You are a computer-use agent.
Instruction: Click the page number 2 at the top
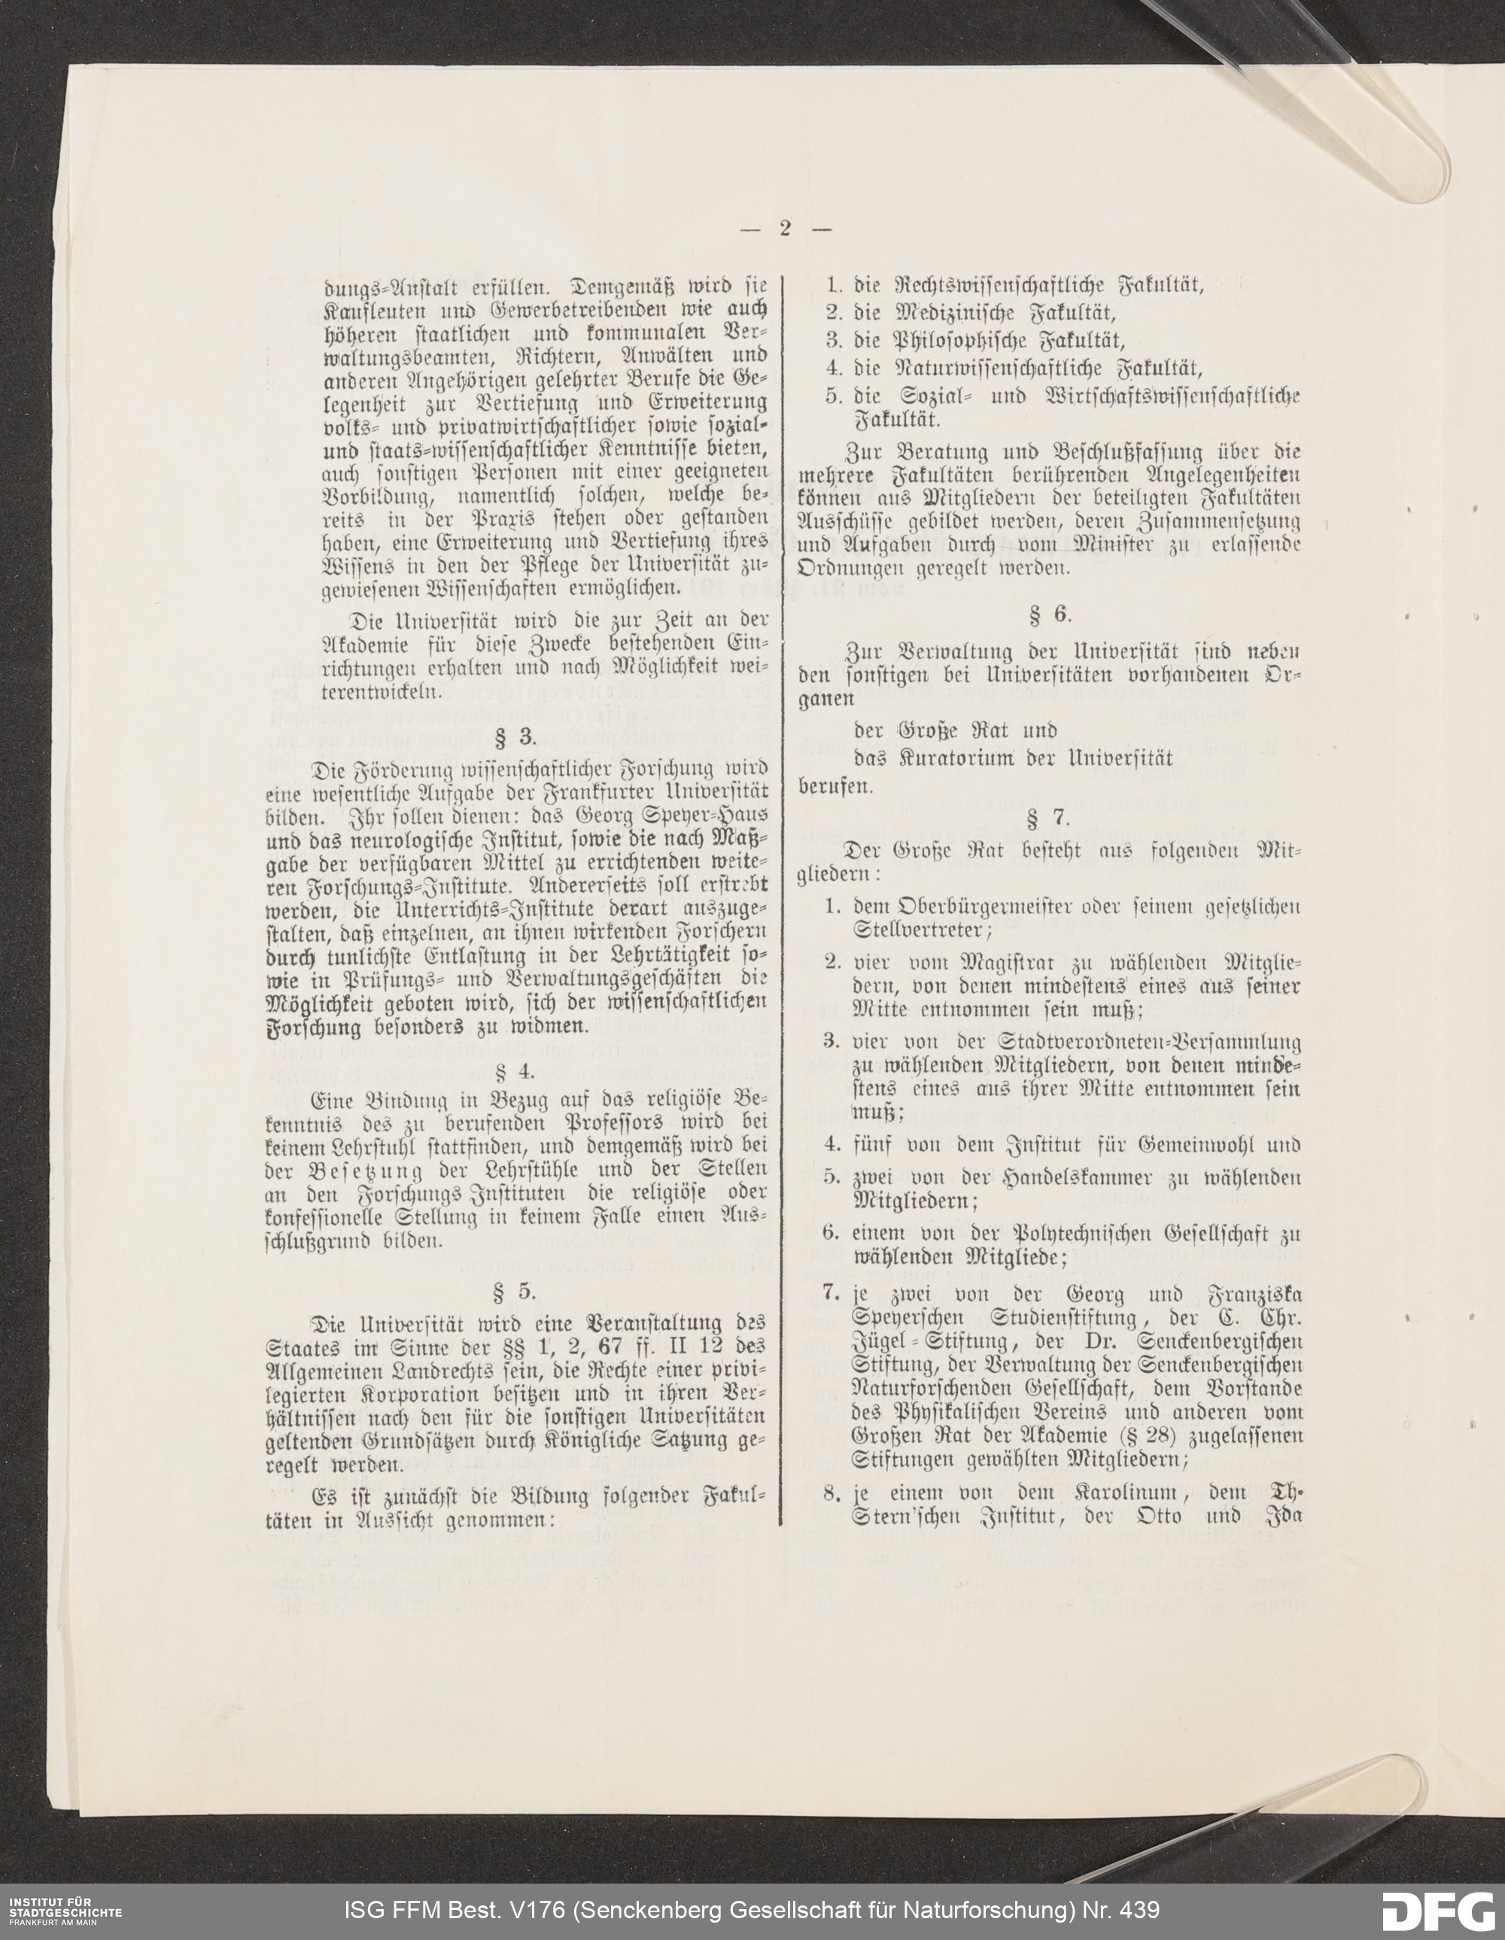tap(786, 228)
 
